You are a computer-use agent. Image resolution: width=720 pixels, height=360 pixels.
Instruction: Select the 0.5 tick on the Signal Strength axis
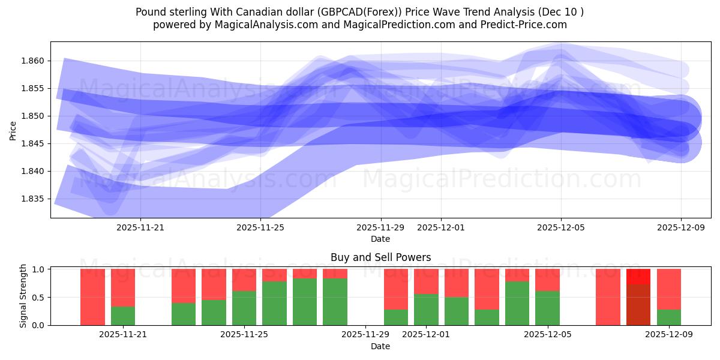tap(39, 298)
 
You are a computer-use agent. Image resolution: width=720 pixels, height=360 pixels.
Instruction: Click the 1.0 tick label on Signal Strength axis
tap(39, 269)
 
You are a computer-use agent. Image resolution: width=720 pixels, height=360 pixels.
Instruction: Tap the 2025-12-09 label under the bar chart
tap(668, 335)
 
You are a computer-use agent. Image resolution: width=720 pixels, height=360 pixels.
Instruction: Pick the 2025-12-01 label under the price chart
tap(440, 227)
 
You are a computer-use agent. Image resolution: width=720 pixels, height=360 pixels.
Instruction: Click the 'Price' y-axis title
tap(13, 130)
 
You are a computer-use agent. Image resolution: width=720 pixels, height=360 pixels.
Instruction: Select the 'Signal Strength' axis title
tap(24, 296)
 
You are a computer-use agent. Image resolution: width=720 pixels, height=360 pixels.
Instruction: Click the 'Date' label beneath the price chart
tap(380, 239)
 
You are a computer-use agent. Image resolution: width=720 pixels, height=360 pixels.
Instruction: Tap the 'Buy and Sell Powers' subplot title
tap(380, 257)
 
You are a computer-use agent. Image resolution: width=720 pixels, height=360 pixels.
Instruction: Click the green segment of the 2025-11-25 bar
tap(244, 308)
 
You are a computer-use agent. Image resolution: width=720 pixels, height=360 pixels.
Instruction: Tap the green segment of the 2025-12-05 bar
tap(547, 308)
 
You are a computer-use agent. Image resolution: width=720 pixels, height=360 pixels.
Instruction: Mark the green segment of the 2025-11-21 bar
tap(123, 316)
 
